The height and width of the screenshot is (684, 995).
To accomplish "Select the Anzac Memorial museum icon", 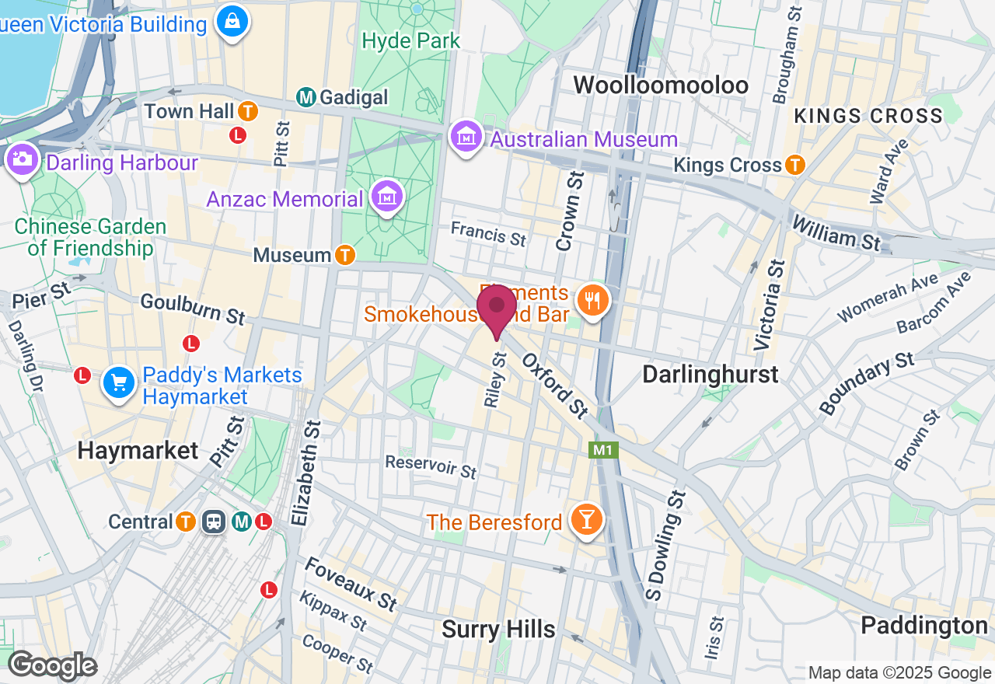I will coord(386,198).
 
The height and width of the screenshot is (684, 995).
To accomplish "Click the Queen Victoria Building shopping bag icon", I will coord(232,23).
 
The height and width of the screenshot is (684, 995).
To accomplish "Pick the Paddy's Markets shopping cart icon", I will coord(119,383).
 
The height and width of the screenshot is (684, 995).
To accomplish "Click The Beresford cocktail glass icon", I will coord(586,520).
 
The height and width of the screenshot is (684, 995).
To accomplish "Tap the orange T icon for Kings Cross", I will coord(794,165).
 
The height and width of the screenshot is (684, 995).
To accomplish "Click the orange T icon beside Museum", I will coord(345,254).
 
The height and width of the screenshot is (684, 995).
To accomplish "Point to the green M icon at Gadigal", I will coord(305,97).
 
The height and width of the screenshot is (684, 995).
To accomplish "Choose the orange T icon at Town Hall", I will coord(248,111).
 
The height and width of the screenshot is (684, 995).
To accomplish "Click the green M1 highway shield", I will coord(603,450).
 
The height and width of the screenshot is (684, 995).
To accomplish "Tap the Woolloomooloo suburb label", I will coord(661,85).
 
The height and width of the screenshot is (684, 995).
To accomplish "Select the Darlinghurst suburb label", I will coord(710,375).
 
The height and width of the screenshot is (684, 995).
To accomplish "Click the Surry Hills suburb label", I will coord(498,629).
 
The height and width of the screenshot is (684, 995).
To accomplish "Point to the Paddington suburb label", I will coord(924,626).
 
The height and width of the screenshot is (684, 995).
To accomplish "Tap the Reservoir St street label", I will coord(431,466).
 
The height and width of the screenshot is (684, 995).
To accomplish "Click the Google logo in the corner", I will coord(52,665).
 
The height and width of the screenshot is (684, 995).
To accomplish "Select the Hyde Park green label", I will coord(411,40).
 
